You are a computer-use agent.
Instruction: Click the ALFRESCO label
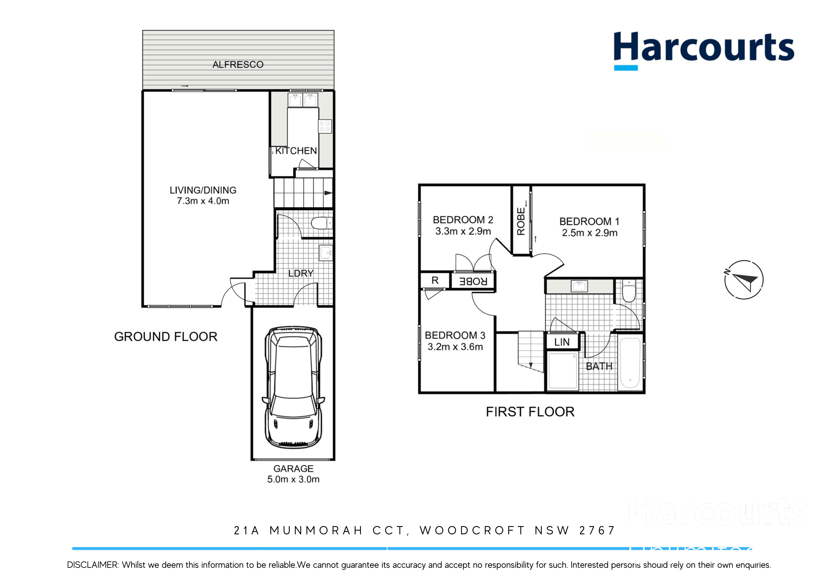pos(238,65)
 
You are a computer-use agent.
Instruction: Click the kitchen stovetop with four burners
pos(325,126)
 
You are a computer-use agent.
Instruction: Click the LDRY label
pos(301,273)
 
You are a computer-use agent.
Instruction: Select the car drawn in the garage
pos(293,387)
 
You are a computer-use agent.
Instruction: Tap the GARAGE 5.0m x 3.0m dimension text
pos(293,479)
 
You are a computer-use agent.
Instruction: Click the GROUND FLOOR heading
pos(166,337)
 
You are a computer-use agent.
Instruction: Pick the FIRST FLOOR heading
pos(530,412)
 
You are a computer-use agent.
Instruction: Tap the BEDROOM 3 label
pos(455,335)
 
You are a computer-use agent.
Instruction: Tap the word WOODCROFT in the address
pos(472,530)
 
